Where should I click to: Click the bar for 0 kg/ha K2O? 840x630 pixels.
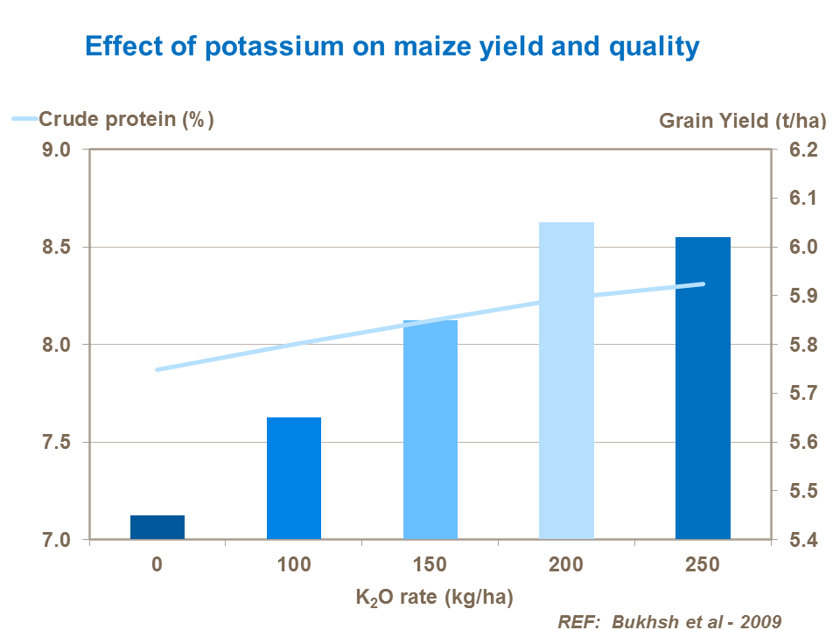tap(157, 528)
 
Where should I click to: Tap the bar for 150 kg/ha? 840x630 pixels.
tap(430, 430)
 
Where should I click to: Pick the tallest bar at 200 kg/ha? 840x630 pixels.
tap(566, 381)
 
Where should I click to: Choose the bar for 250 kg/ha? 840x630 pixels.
tap(703, 388)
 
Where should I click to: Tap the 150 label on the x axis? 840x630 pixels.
tap(430, 564)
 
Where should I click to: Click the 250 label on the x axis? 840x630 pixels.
tap(703, 564)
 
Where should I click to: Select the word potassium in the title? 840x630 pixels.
tap(270, 46)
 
